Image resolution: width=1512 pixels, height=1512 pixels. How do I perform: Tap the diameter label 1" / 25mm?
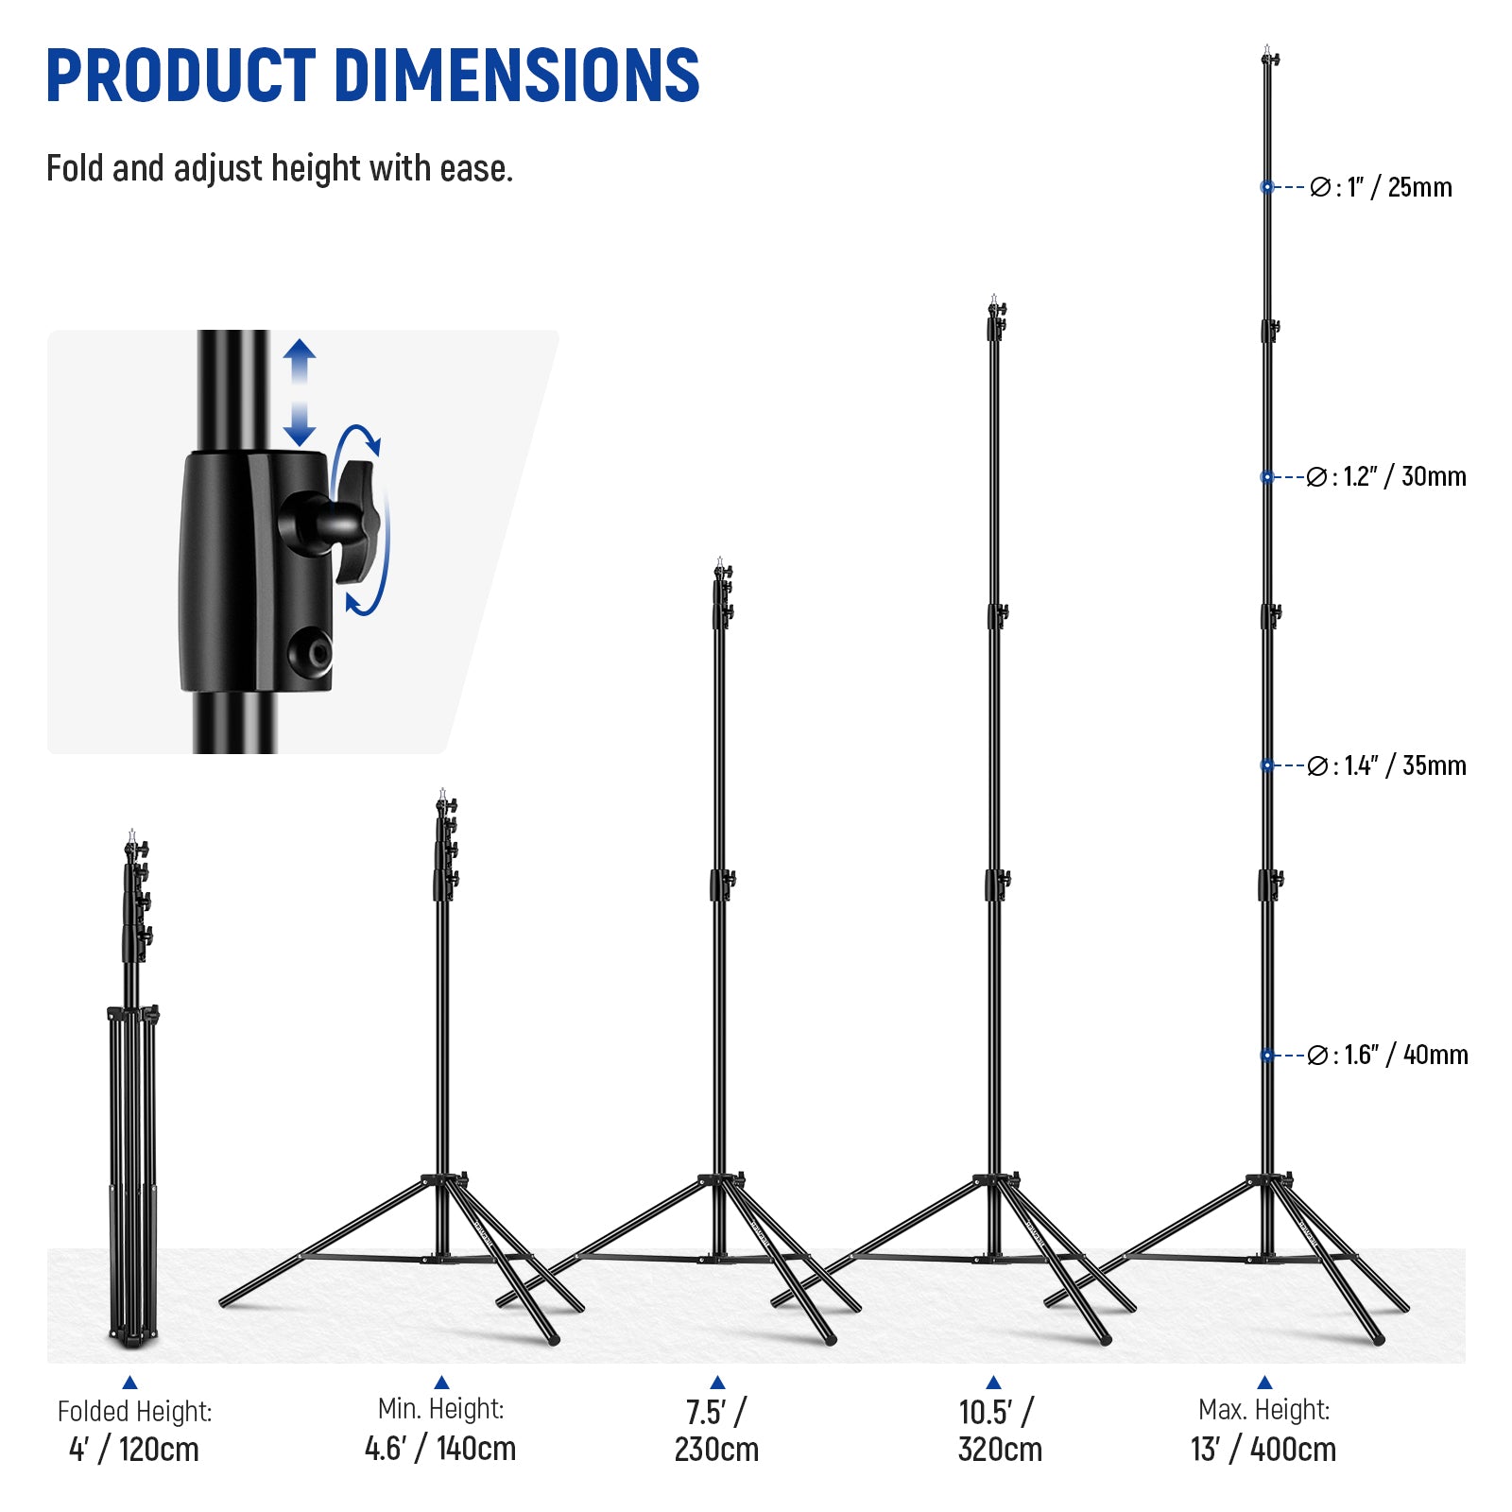point(1382,187)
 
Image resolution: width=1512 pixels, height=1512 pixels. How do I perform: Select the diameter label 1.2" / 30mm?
point(1386,476)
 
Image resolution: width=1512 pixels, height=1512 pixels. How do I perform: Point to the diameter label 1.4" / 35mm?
point(1386,765)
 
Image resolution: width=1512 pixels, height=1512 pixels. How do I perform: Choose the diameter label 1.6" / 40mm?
point(1387,1055)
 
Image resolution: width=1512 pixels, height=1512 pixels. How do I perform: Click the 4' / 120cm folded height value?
point(134,1449)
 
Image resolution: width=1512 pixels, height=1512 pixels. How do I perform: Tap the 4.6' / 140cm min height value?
point(440,1448)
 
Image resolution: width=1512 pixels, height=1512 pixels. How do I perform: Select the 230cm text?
point(716,1449)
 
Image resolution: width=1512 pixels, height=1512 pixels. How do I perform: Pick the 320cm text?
point(1000,1449)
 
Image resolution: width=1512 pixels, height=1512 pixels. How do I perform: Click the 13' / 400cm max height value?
point(1263,1449)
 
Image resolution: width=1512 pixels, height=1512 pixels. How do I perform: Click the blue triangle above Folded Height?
point(130,1383)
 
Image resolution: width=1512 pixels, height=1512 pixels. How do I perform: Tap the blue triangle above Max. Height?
point(1264,1383)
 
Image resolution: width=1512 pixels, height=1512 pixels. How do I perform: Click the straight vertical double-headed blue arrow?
point(300,393)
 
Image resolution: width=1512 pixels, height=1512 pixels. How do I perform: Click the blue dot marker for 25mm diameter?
point(1267,187)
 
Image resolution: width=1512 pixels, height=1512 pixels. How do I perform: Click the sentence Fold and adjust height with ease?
point(280,169)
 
